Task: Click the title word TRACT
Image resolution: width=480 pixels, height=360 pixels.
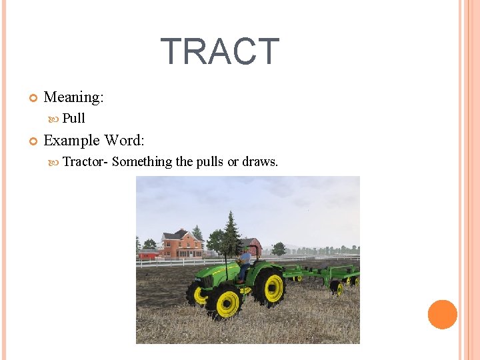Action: [220, 52]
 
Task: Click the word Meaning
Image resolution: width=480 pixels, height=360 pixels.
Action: [73, 97]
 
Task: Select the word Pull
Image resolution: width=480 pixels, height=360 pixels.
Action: [73, 119]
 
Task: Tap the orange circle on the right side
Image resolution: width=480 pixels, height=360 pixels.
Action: [442, 315]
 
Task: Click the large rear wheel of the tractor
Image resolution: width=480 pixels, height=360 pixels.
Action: [268, 287]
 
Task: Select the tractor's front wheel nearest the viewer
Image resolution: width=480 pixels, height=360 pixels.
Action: [223, 304]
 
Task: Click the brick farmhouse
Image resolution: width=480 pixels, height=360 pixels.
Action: [181, 244]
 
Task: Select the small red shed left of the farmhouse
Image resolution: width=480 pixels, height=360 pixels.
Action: [148, 255]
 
